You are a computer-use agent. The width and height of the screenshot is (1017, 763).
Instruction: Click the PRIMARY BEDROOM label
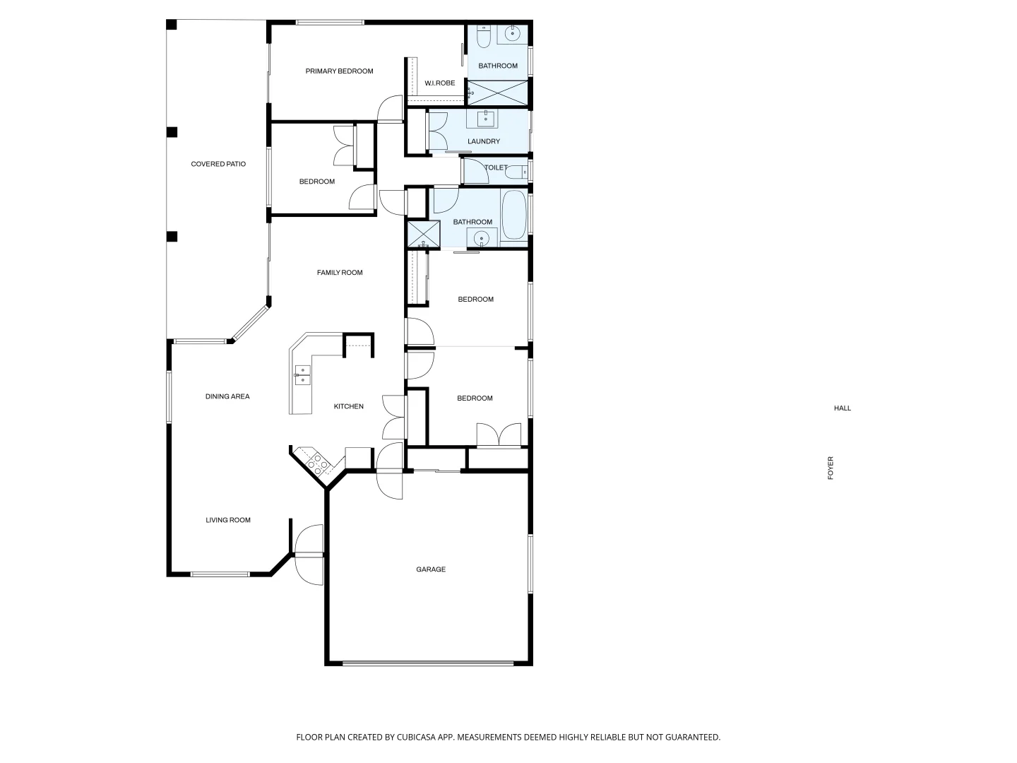pos(339,71)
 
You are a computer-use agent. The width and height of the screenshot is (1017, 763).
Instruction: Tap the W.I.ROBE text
pos(439,83)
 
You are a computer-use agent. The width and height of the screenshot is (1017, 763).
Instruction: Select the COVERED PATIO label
pos(218,164)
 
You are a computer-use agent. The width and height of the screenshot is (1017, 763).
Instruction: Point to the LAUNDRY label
pos(484,141)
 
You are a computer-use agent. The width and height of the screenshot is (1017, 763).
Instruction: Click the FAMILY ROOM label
pos(340,273)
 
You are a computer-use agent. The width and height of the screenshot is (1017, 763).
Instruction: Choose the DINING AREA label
pos(227,396)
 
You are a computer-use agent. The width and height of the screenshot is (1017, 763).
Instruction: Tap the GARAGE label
pos(430,569)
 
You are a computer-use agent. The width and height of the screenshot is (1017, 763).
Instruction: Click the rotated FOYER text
pos(831,468)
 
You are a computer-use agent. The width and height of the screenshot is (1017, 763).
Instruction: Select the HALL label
pos(842,408)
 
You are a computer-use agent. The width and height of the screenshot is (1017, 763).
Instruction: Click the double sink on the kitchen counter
pos(302,375)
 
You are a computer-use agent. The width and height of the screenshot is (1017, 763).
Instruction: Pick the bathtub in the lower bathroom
pos(513,215)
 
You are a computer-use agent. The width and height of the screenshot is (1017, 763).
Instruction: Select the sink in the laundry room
pos(486,119)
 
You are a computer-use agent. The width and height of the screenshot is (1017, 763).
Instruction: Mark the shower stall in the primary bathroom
pos(498,92)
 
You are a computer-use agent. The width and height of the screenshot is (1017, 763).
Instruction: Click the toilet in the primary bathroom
pos(484,37)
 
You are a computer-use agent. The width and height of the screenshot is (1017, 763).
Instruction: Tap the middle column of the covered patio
pos(172,132)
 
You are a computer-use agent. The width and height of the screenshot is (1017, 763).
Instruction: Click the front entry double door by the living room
pos(309,554)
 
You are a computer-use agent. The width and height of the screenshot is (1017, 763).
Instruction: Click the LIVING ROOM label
pos(228,521)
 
